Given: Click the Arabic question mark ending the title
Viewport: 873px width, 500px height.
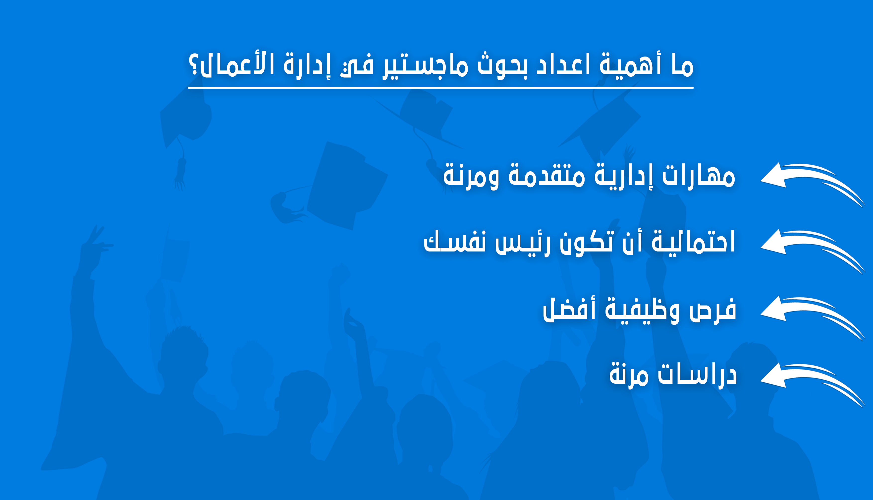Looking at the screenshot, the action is pyautogui.click(x=194, y=65).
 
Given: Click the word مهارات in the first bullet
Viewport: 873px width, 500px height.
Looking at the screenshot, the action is pyautogui.click(x=698, y=175).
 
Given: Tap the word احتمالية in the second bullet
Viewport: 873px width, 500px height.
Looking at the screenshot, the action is pyautogui.click(x=693, y=242).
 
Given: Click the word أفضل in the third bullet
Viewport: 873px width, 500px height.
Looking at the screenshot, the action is pyautogui.click(x=569, y=309).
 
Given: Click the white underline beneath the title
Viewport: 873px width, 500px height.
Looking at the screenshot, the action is pyautogui.click(x=441, y=88).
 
